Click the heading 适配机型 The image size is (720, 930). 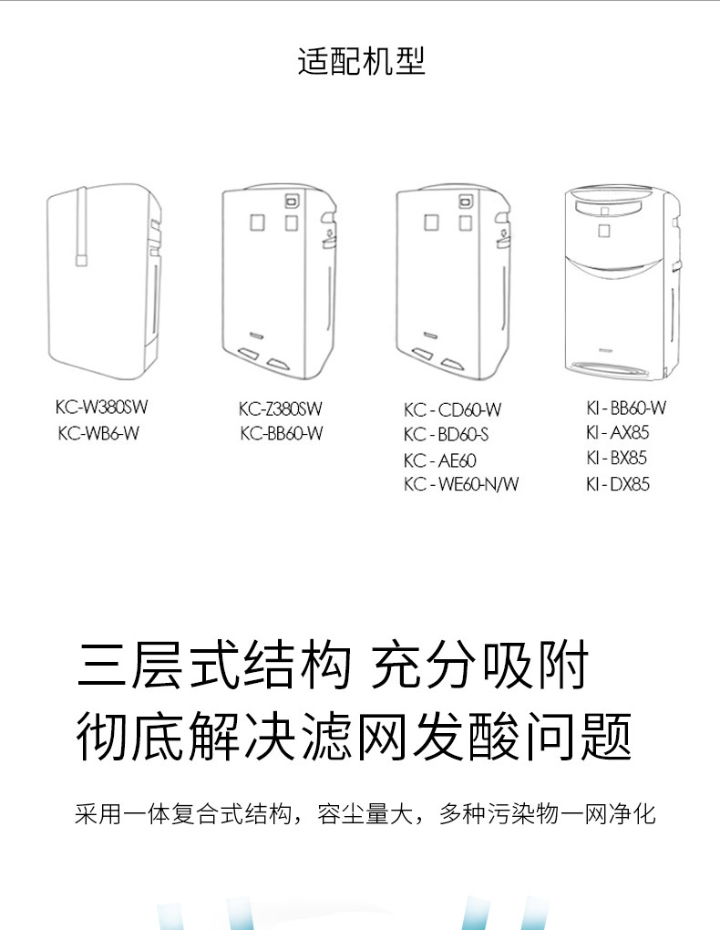(361, 61)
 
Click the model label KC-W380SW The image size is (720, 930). (102, 408)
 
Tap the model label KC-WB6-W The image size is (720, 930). (98, 433)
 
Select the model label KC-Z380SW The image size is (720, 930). (281, 408)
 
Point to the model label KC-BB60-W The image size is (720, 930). (281, 433)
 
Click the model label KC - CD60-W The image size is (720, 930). (452, 409)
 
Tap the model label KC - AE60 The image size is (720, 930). (440, 460)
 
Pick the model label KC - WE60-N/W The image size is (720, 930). (461, 484)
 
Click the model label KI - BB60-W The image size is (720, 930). (626, 408)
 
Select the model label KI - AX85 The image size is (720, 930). (618, 433)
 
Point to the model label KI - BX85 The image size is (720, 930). (618, 459)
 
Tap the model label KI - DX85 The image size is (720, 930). (618, 484)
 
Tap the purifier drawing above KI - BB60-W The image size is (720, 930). (622, 282)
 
